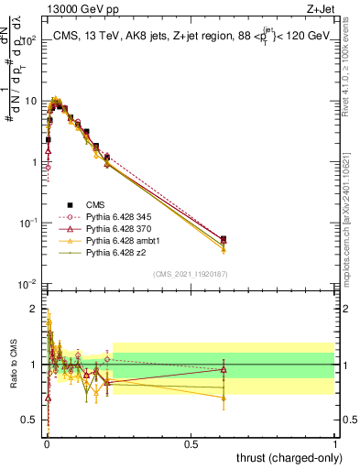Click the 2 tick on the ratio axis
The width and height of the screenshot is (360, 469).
(34, 309)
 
